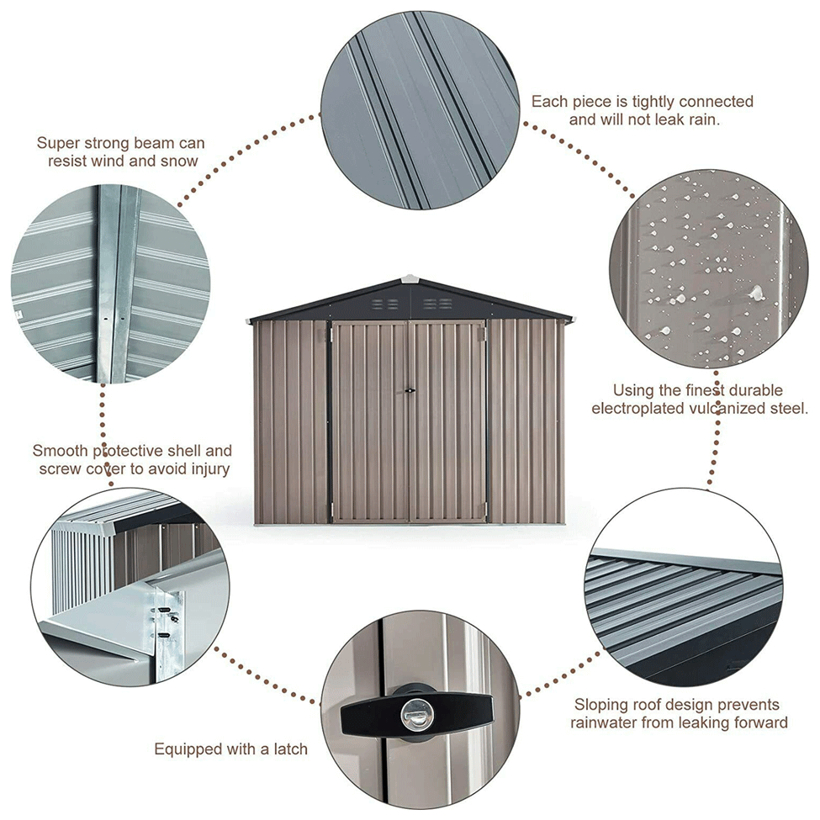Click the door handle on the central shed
click(x=410, y=390)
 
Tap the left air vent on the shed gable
click(x=385, y=304)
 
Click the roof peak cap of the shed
click(x=410, y=278)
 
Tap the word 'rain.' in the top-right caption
click(x=701, y=119)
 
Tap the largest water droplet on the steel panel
click(x=755, y=293)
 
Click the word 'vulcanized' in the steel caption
click(x=729, y=409)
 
